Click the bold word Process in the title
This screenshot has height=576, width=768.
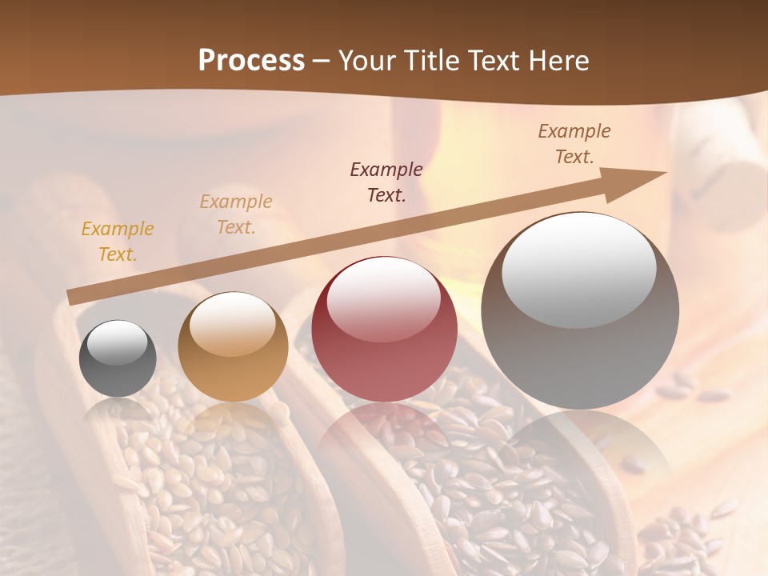click(251, 61)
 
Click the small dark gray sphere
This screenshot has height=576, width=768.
click(118, 359)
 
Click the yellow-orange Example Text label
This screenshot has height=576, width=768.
click(118, 242)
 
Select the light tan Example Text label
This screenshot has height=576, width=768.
click(236, 214)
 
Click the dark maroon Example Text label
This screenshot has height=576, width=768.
click(386, 182)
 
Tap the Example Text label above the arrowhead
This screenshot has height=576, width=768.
click(574, 144)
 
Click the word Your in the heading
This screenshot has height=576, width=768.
click(368, 61)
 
